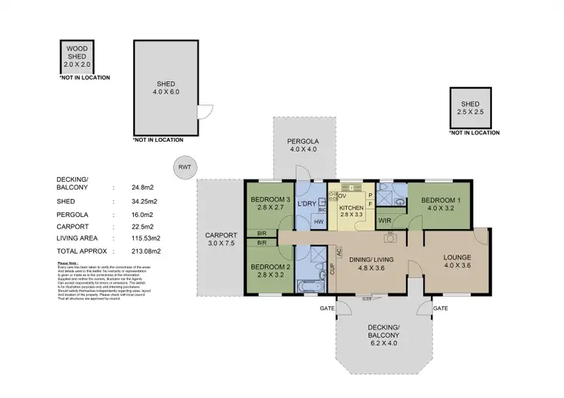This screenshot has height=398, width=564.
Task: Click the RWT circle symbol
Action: [x=181, y=167]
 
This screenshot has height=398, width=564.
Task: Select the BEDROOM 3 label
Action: [x=269, y=204]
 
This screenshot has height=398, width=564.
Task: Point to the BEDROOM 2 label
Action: [x=269, y=270]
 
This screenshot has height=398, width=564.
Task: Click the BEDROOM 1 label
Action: [x=440, y=204]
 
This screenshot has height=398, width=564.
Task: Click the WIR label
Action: [x=384, y=221]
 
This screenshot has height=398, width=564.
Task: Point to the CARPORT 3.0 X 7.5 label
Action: [x=221, y=238]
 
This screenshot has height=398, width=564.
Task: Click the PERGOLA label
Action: [x=305, y=145]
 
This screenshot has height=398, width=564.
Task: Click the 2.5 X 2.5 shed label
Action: [x=470, y=107]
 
